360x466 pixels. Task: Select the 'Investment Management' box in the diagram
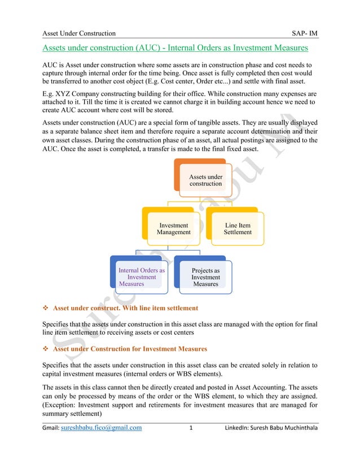(174, 228)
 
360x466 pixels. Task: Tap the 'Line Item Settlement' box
(238, 228)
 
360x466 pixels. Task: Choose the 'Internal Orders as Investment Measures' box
(142, 277)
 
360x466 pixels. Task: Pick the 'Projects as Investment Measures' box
(205, 277)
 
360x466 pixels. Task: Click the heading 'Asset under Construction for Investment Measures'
(130, 349)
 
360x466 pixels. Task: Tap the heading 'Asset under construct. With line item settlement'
(125, 308)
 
